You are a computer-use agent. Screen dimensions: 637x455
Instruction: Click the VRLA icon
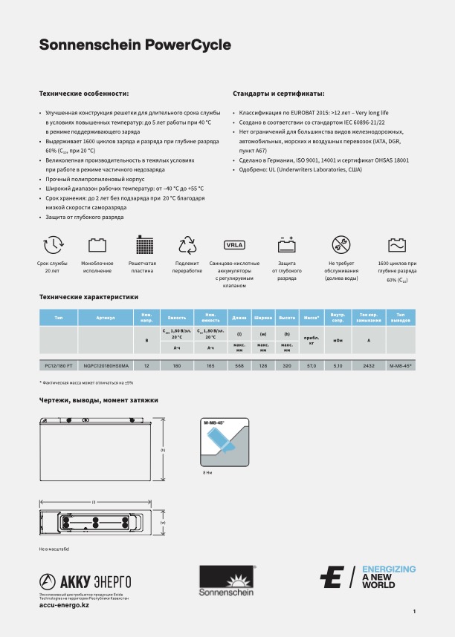(235, 244)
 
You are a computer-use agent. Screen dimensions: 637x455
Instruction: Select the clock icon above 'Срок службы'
(53, 244)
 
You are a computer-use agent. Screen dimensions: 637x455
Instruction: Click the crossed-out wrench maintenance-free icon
(342, 244)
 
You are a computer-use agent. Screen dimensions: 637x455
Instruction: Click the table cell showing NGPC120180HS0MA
(106, 366)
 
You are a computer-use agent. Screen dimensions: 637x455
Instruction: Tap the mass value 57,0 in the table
(312, 366)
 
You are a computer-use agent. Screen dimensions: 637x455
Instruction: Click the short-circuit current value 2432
(369, 366)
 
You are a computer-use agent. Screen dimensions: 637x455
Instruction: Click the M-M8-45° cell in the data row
(401, 366)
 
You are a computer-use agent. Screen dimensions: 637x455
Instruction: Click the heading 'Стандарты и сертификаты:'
(278, 94)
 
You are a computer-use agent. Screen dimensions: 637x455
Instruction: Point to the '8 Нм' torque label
(208, 471)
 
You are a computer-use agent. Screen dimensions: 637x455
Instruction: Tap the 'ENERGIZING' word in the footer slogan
(389, 569)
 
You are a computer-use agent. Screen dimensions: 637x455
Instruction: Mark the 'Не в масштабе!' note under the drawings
(54, 549)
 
